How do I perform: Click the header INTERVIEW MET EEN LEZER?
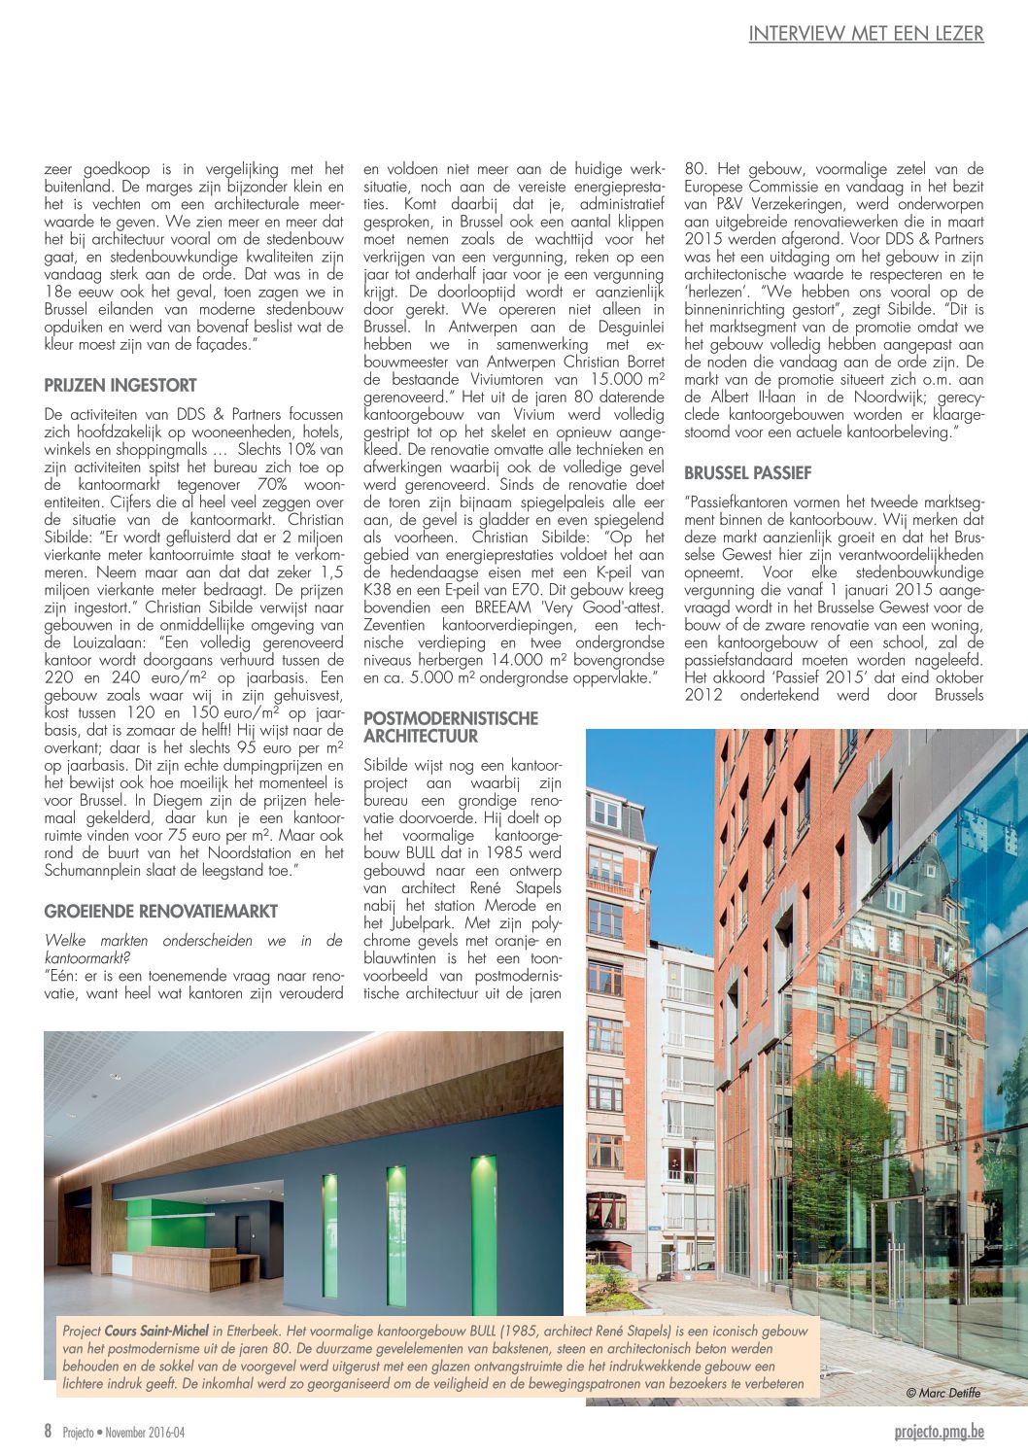pos(866,34)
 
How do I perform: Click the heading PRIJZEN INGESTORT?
pos(120,385)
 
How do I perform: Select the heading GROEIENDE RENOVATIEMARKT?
pos(161,912)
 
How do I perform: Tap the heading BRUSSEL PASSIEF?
pos(747,473)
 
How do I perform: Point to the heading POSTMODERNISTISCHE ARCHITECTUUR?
pos(450,727)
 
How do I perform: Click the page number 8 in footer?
pos(48,1432)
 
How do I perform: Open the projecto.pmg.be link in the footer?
pos(939,1432)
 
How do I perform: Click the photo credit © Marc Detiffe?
pos(942,1393)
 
